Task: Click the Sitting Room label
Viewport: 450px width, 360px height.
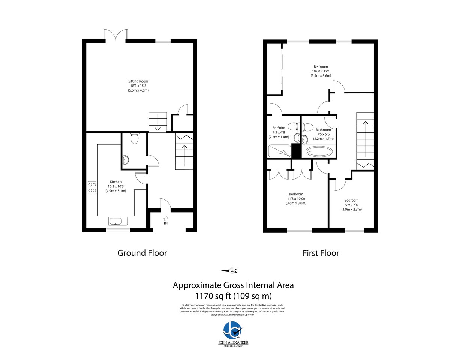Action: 138,81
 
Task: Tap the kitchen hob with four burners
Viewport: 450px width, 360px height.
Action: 92,187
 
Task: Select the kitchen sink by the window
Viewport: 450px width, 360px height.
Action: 118,221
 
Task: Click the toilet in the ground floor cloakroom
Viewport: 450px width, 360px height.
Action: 134,138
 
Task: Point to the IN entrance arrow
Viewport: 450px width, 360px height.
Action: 166,218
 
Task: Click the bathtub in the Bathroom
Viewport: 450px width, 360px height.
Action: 319,151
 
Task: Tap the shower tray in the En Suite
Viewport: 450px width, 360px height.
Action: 279,151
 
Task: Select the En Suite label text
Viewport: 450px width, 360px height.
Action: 279,128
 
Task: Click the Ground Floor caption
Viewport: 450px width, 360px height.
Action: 142,253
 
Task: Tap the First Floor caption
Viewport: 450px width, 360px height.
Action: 321,253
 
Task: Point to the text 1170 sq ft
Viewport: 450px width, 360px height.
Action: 213,296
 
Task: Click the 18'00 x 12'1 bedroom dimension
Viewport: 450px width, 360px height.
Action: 321,71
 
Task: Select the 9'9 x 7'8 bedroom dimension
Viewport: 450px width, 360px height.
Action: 351,205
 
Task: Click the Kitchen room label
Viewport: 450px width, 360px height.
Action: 115,182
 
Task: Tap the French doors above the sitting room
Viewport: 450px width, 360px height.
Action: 115,35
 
